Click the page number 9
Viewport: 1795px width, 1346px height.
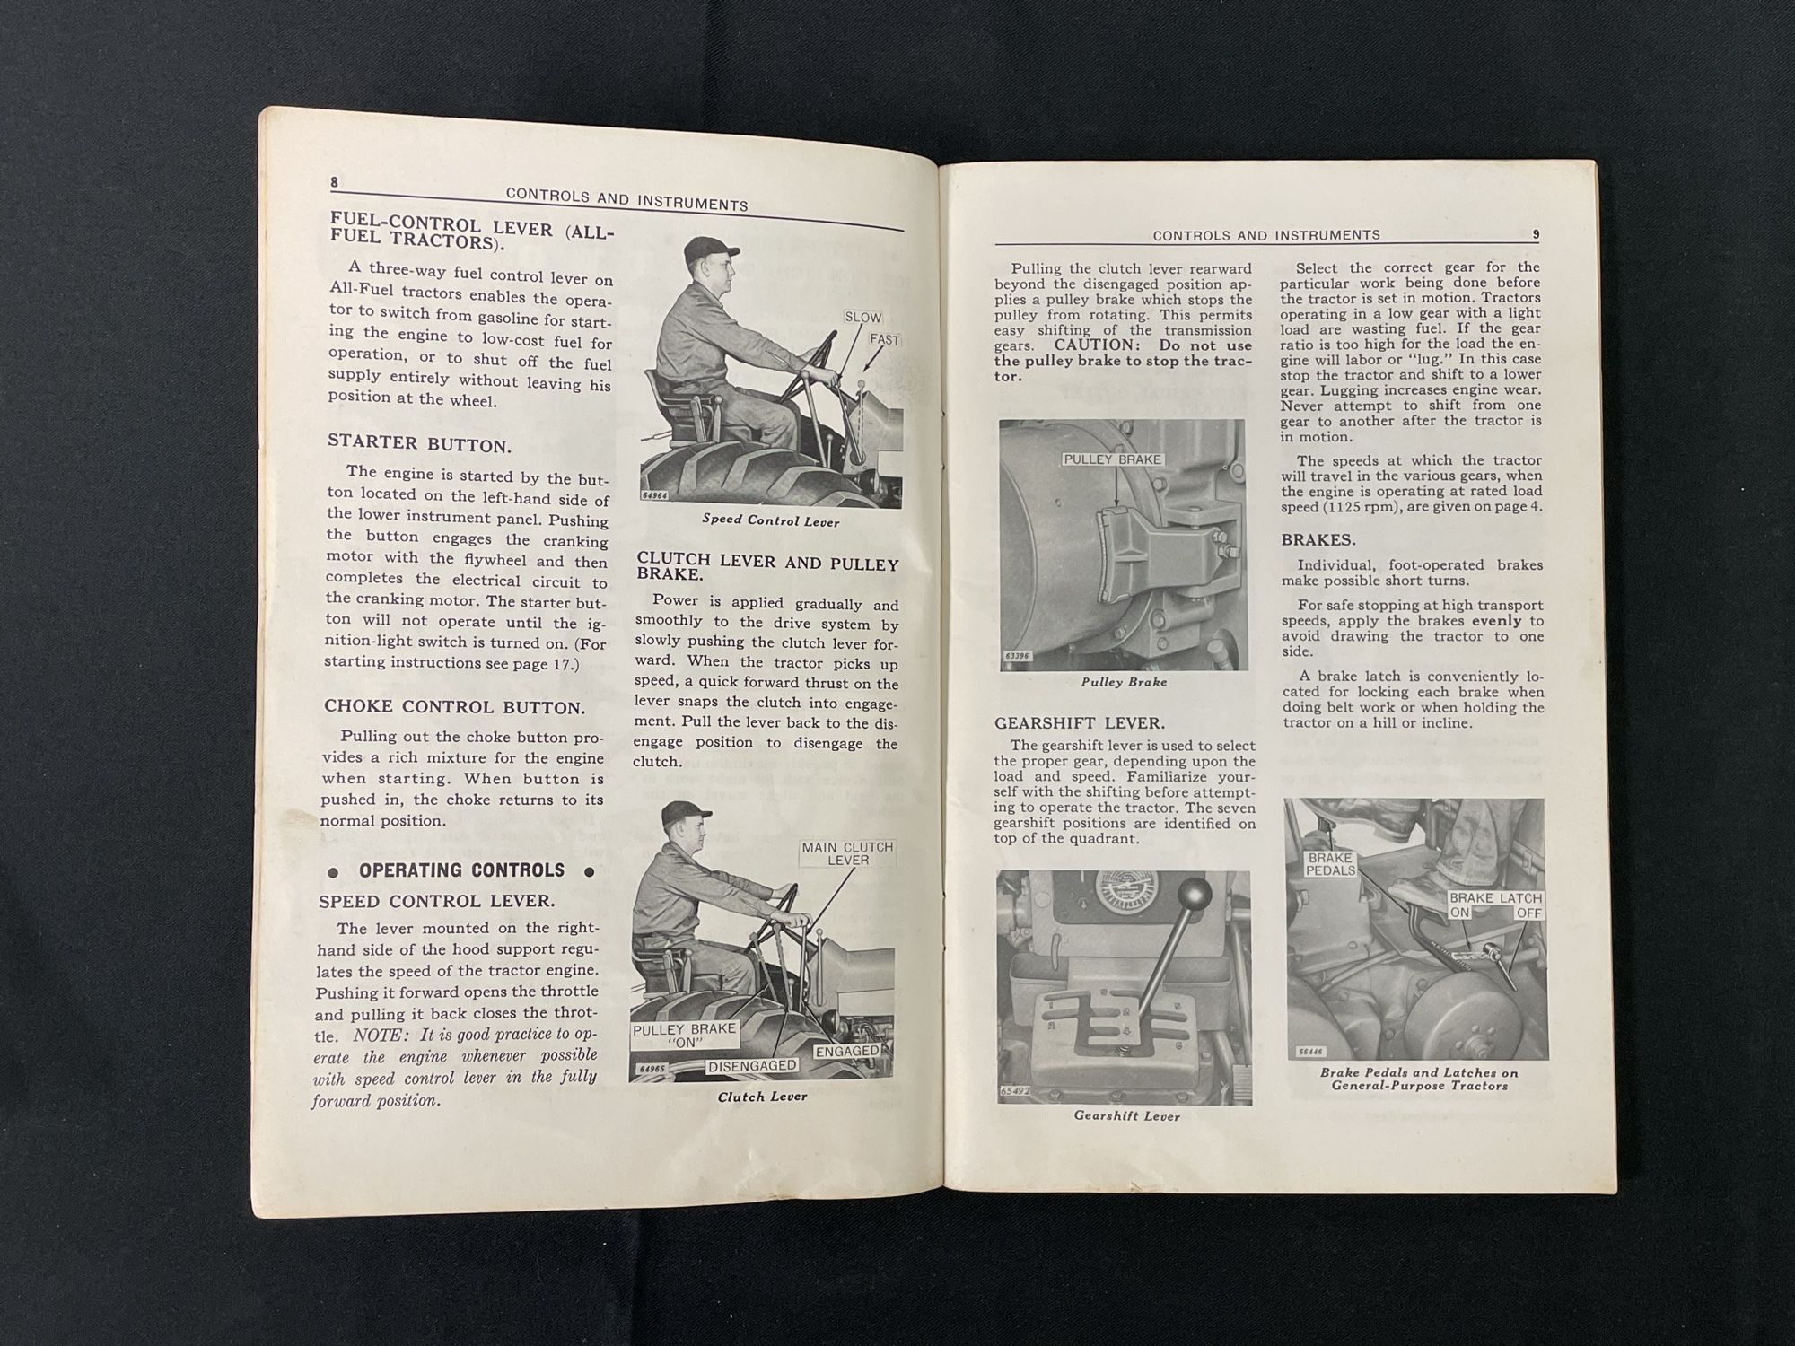1535,234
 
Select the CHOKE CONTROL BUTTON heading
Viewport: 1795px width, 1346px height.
454,707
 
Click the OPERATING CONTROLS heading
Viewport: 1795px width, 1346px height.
461,870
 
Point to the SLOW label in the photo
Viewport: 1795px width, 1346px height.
862,318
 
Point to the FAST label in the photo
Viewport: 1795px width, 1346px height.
883,340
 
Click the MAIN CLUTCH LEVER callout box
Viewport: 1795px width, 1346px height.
847,853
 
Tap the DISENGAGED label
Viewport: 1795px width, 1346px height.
752,1066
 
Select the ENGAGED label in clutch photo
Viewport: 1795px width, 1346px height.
847,1051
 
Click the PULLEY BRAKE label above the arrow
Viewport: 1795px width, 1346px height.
1112,459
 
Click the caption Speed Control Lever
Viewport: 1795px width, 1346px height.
770,520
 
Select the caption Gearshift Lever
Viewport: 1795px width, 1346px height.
1126,1116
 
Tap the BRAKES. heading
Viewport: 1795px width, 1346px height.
1318,541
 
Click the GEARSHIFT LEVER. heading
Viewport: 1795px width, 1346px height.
1080,723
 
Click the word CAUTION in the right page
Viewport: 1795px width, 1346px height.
1094,345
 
